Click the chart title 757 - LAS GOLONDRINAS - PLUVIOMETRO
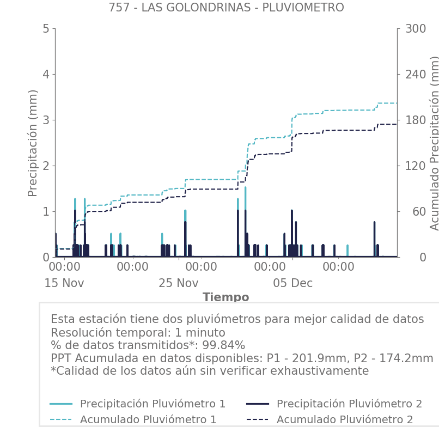click(x=226, y=8)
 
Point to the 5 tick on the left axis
click(x=46, y=28)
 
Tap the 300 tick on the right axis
click(x=415, y=28)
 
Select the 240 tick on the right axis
click(x=415, y=74)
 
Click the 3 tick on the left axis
click(x=46, y=120)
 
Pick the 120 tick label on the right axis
click(x=415, y=166)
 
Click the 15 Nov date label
click(x=64, y=283)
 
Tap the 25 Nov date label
click(x=179, y=283)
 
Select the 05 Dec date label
click(x=293, y=283)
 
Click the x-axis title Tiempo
click(x=226, y=297)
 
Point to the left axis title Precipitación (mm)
click(x=33, y=143)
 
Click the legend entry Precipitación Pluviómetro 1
click(x=153, y=404)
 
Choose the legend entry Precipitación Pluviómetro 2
click(x=349, y=404)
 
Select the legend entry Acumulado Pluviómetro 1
click(x=148, y=419)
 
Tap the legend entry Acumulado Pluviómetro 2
click(x=345, y=419)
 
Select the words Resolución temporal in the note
click(x=106, y=333)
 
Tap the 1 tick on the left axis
click(x=46, y=211)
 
